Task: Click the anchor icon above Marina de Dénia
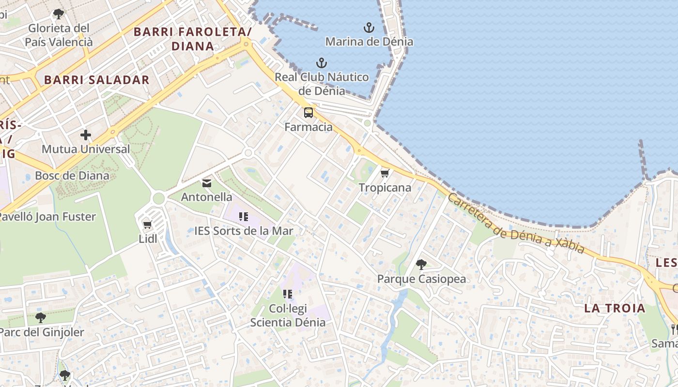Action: click(369, 28)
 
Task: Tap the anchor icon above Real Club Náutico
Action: click(321, 63)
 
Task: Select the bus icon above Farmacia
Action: click(308, 113)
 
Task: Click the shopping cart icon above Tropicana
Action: click(385, 173)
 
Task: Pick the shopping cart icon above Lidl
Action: click(148, 224)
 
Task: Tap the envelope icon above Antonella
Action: click(207, 183)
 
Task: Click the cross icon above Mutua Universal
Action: click(86, 135)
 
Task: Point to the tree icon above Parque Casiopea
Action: click(421, 265)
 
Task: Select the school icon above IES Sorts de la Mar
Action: click(244, 217)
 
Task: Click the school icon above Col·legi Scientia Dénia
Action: click(288, 294)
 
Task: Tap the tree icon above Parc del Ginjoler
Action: click(41, 318)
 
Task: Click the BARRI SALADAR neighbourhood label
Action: click(97, 80)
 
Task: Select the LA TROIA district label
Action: click(615, 308)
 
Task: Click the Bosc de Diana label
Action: click(72, 176)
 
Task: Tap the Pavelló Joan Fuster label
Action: click(48, 217)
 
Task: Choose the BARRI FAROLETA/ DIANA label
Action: click(193, 39)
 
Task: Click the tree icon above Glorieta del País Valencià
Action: click(59, 14)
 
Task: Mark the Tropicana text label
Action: click(385, 188)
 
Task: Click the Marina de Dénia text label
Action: click(369, 42)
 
